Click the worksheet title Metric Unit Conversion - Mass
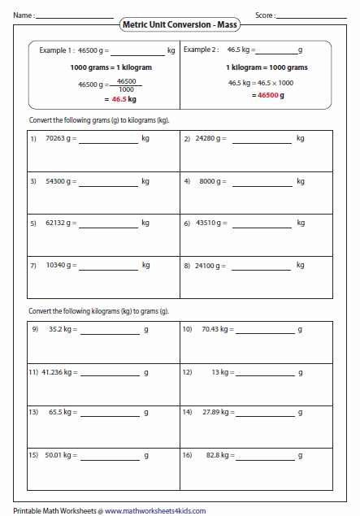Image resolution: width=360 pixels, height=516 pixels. [180, 25]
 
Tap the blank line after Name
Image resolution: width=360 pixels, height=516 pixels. [74, 17]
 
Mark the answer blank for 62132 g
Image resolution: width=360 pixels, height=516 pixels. [109, 227]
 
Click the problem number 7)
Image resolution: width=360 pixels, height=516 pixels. [34, 265]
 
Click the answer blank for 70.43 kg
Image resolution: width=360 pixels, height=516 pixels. [264, 333]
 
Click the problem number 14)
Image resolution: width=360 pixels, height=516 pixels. [187, 413]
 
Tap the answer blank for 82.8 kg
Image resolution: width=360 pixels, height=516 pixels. [264, 459]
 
